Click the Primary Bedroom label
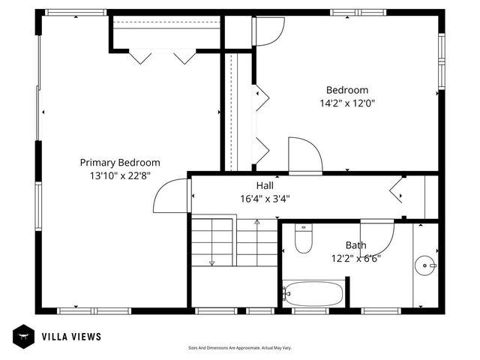tap(120, 162)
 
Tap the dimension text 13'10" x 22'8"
tap(120, 175)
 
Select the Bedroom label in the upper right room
tap(347, 90)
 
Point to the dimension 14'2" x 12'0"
tap(347, 104)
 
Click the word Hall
tap(265, 185)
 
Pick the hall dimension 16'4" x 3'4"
tap(265, 199)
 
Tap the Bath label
tap(355, 245)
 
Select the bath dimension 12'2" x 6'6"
tap(355, 259)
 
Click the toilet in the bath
tap(304, 240)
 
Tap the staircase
tap(225, 241)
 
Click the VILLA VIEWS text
tap(71, 337)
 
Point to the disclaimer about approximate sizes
tap(239, 348)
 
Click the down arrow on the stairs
tap(212, 262)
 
